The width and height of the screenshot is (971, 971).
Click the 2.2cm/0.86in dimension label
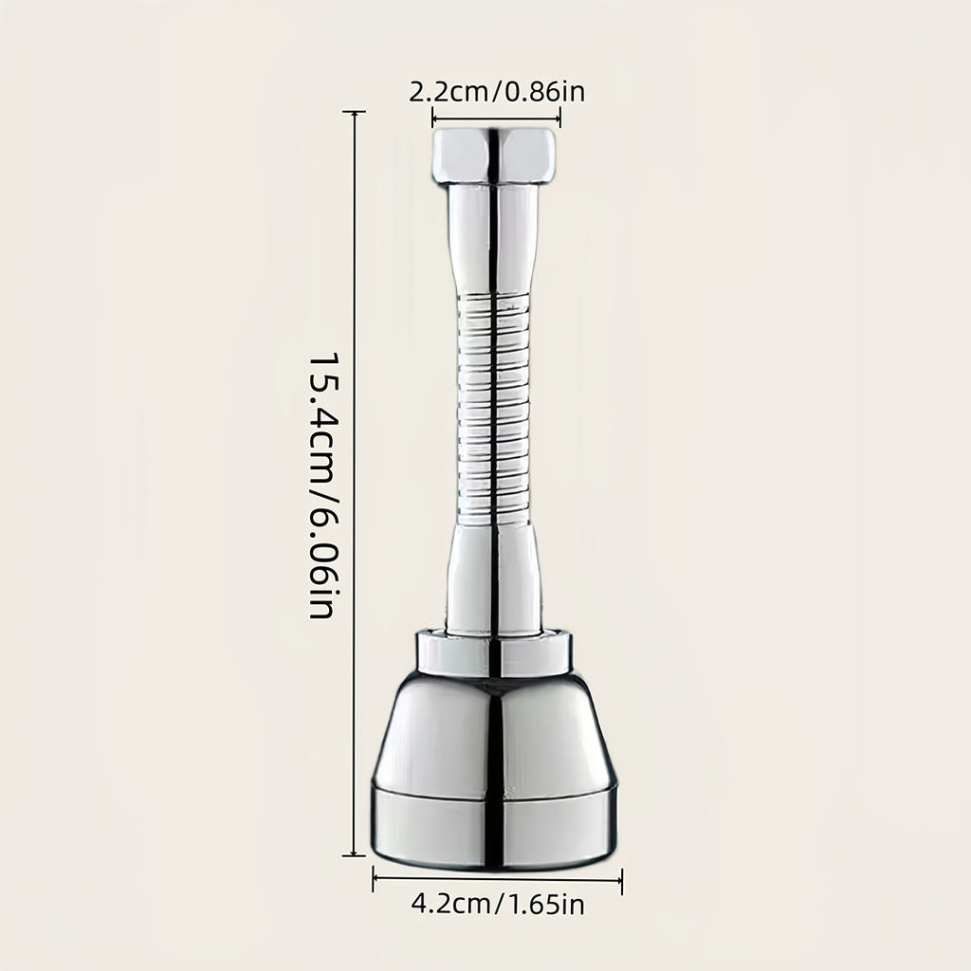497,92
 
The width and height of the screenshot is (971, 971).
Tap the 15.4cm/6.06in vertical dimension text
322,486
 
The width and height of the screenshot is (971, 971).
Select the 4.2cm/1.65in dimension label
497,905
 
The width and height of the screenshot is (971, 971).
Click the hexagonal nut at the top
494,156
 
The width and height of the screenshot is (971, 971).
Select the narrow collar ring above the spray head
493,651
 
